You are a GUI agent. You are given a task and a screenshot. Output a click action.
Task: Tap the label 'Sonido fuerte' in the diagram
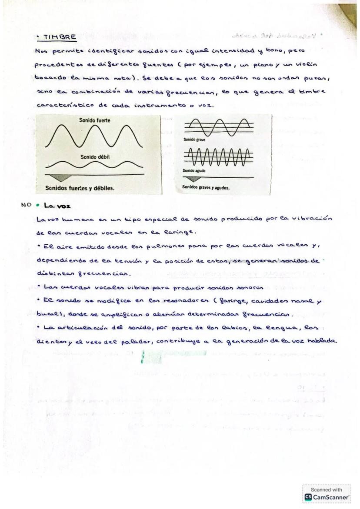(x=94, y=120)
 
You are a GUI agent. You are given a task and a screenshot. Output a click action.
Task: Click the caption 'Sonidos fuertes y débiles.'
(x=80, y=188)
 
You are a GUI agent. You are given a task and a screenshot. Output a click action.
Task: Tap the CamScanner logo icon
(x=308, y=497)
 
